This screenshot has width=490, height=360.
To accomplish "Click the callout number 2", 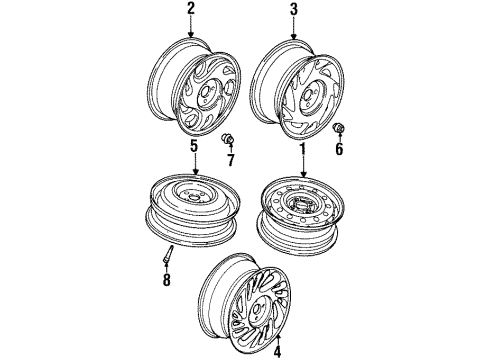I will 190,11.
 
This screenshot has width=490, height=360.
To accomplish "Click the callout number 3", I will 294,11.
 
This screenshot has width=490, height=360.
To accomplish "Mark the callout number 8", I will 166,279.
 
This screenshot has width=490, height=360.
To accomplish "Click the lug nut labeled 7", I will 228,138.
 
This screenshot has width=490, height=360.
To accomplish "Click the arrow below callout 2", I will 190,28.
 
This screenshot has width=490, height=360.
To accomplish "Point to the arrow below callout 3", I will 294,28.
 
